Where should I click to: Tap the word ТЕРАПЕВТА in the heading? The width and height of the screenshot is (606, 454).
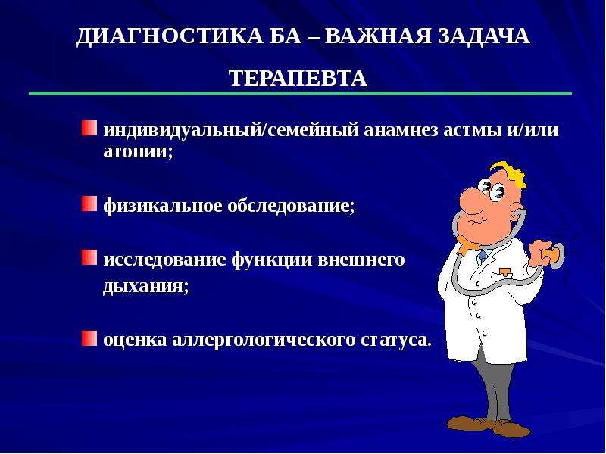coord(298,78)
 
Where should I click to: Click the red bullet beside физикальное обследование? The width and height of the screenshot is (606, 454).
coord(89,204)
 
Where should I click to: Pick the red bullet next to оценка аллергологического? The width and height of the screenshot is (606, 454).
coord(89,337)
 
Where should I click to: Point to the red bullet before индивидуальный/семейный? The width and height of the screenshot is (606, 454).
coord(89,128)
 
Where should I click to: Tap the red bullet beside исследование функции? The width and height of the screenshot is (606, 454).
coord(89,257)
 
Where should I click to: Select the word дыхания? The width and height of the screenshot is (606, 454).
coord(145,287)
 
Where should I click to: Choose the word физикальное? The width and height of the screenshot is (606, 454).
coord(163,205)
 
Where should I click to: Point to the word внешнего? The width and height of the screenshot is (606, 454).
coord(361,260)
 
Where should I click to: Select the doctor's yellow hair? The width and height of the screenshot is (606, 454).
coord(509,173)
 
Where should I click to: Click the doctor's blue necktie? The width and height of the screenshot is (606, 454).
coord(482,256)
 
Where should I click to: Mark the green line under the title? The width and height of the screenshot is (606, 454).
coord(300,93)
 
